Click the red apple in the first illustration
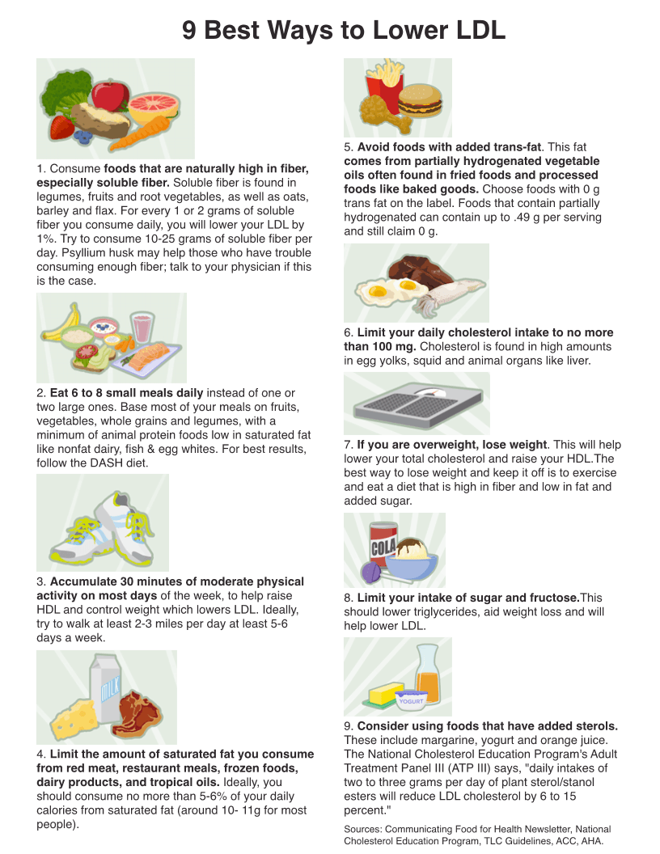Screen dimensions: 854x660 point(110,95)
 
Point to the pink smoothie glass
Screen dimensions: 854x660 point(143,328)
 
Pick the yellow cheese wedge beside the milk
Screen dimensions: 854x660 point(72,720)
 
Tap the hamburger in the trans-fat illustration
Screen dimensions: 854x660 point(420,102)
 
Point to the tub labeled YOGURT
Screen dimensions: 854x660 point(411,700)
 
